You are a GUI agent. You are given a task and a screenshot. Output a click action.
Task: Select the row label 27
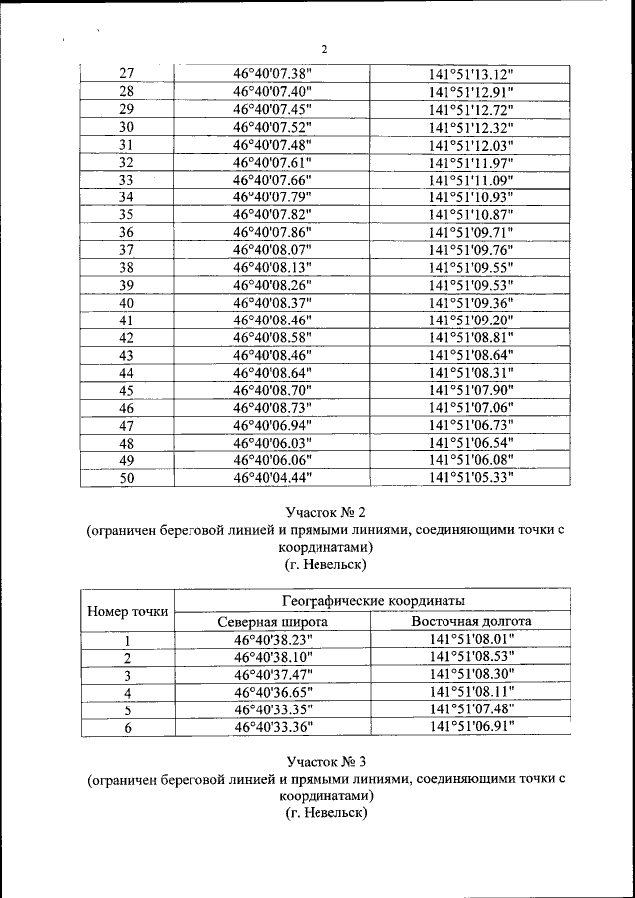tap(126, 74)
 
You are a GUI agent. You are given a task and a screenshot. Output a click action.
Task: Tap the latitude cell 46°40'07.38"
tap(272, 74)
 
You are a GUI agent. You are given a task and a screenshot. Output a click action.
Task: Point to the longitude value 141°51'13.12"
tap(470, 74)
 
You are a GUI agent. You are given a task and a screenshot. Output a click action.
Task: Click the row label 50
tap(126, 478)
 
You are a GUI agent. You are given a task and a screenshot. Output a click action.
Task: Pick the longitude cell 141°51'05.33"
tap(470, 478)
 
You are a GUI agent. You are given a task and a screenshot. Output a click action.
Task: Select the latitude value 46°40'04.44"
tap(272, 478)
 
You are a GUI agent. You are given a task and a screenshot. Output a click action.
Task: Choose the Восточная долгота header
tap(470, 621)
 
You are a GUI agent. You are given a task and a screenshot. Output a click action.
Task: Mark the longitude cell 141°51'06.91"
tap(470, 727)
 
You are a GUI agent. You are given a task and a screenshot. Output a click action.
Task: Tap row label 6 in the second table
tap(127, 727)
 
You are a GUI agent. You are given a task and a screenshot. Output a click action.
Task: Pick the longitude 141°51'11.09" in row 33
tap(470, 180)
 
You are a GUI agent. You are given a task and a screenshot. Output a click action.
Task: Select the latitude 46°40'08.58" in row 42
tap(272, 337)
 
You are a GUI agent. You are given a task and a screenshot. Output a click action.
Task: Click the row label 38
tap(126, 267)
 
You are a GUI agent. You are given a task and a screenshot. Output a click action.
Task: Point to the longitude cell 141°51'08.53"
tap(470, 658)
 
